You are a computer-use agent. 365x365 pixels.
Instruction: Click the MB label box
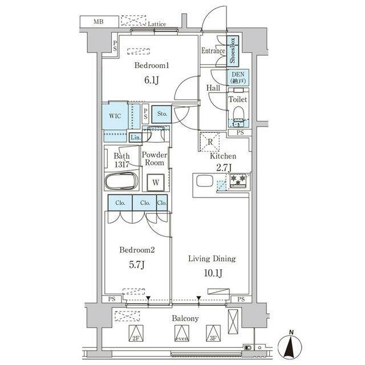tap(99, 22)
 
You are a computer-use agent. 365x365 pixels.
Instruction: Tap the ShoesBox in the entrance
tap(233, 51)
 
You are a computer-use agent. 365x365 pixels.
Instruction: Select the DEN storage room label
tap(238, 78)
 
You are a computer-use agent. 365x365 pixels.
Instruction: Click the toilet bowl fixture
tap(238, 113)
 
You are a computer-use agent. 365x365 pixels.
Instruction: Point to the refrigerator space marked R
tap(210, 142)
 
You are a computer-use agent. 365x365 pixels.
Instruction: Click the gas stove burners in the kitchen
tap(238, 180)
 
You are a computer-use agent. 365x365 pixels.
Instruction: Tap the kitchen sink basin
tap(205, 181)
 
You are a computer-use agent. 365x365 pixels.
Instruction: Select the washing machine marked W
tap(156, 182)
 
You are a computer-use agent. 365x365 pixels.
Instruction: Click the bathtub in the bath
tap(121, 181)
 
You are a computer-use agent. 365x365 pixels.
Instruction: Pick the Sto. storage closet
tap(162, 114)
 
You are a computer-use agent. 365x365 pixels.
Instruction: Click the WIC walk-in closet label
tap(115, 116)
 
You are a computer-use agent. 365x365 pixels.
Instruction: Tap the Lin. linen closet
tap(136, 137)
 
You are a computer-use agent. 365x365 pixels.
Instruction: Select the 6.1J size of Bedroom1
tap(152, 80)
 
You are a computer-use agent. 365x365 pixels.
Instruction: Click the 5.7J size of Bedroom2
tap(137, 265)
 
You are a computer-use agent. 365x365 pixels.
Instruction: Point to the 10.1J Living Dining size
tap(213, 273)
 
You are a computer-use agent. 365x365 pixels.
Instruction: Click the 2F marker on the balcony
tap(136, 333)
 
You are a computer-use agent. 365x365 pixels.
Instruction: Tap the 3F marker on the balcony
tap(213, 333)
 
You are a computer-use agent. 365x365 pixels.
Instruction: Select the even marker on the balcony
tap(181, 333)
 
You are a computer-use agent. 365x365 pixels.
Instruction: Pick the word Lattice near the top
tap(157, 24)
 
